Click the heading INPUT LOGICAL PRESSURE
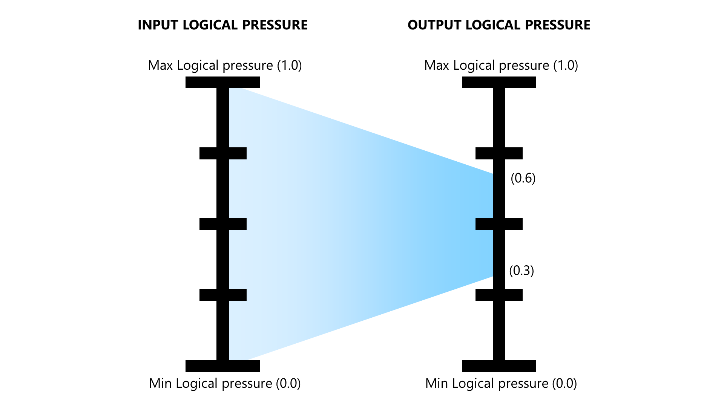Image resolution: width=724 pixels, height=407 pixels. point(222,25)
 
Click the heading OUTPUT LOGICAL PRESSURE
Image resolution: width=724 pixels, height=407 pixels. point(499,25)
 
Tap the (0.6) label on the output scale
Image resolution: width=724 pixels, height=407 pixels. point(523,178)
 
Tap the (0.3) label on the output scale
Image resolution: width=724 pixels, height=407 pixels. point(522,271)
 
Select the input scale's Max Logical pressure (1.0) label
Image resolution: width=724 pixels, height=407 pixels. point(225,65)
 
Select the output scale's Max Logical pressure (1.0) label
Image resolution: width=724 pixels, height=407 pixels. point(501,65)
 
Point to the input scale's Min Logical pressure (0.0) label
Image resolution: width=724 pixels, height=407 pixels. point(225,383)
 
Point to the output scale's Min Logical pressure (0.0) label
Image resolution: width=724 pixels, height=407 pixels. point(501,383)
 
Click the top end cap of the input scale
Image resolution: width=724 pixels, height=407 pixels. point(223,82)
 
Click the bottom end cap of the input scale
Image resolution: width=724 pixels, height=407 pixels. point(223,366)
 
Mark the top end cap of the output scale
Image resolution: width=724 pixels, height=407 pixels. point(499,82)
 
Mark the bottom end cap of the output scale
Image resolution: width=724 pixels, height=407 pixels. point(499,366)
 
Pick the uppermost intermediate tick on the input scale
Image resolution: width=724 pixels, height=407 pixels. point(223,153)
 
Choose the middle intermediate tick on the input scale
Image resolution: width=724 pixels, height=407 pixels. point(223,224)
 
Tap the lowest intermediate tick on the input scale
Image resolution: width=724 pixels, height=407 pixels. point(223,295)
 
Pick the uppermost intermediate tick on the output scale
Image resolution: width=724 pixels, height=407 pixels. point(499,153)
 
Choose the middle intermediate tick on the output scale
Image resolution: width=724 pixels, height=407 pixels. point(499,224)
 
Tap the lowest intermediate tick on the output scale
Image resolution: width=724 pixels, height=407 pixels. point(499,295)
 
